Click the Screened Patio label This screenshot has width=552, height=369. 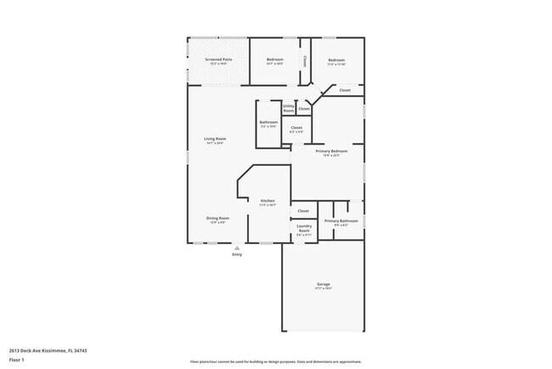[217, 60]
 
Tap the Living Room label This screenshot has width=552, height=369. [214, 139]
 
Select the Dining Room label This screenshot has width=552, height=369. [217, 219]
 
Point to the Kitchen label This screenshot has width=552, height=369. [268, 201]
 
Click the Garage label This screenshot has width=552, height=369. [324, 284]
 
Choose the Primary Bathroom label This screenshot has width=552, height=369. [341, 221]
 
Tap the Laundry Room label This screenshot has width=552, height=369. [304, 227]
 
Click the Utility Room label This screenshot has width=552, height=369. [289, 108]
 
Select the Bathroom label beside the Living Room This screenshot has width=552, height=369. [268, 122]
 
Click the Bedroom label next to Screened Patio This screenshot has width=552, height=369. [274, 60]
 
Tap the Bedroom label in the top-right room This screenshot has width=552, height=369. [336, 60]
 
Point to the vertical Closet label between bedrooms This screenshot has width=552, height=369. [305, 60]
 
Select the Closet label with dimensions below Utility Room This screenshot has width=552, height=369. [296, 128]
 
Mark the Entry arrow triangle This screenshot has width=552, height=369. [237, 247]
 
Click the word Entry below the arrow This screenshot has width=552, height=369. [237, 254]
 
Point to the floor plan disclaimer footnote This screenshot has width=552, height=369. [276, 360]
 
